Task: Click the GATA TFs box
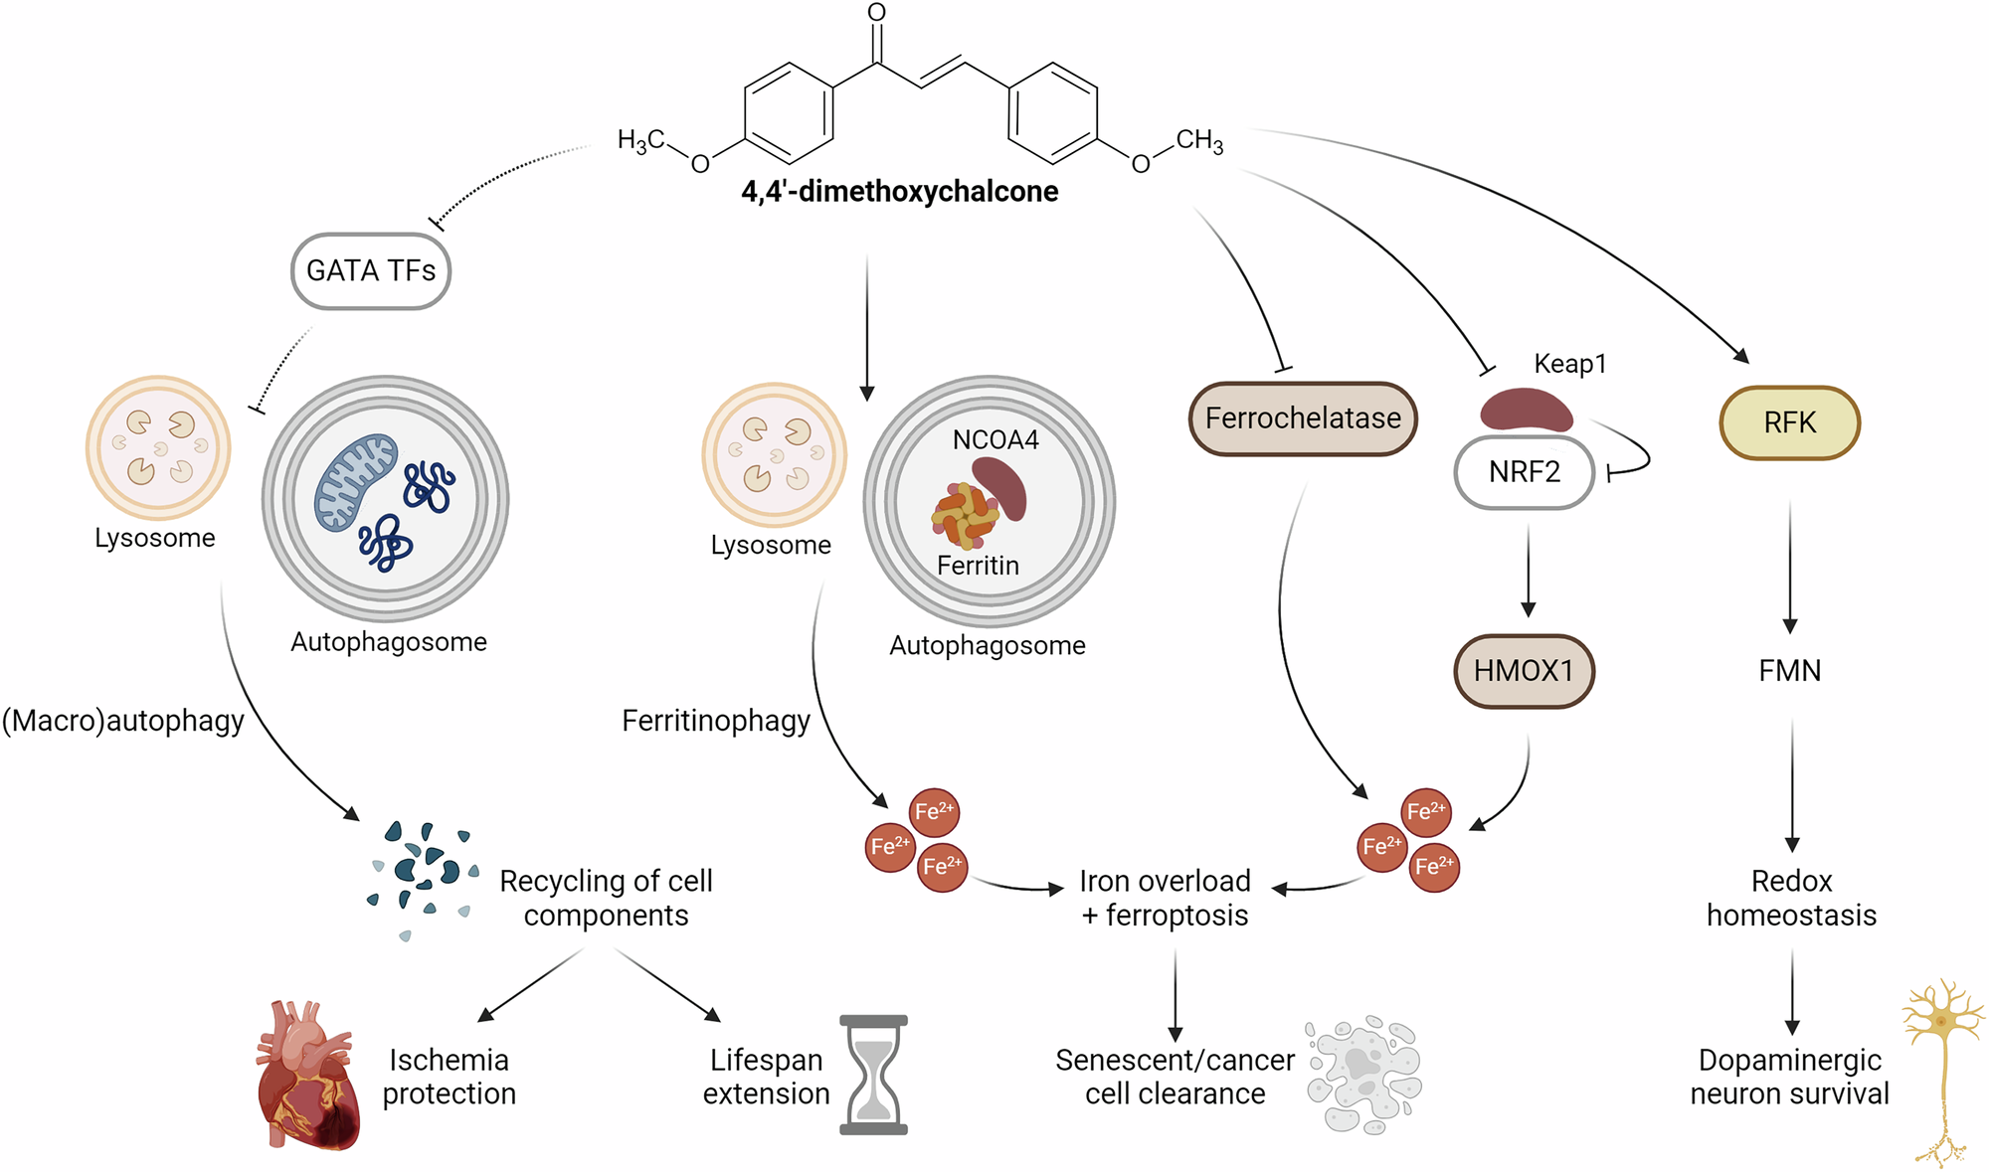coord(371,271)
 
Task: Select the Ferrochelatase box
coord(1303,419)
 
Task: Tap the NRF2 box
coord(1524,472)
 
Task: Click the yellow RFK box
coord(1789,422)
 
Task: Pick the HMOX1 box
coord(1524,671)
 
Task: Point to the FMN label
coord(1789,671)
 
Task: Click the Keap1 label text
coord(1569,364)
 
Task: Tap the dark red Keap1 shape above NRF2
coord(1526,410)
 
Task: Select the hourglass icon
coord(873,1075)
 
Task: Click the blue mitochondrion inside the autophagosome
coord(355,480)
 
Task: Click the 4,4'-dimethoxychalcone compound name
coord(899,191)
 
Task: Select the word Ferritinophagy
coord(715,721)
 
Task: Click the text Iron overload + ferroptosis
coord(1165,898)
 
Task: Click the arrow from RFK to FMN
coord(1790,567)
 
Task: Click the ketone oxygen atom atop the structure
coord(876,13)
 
